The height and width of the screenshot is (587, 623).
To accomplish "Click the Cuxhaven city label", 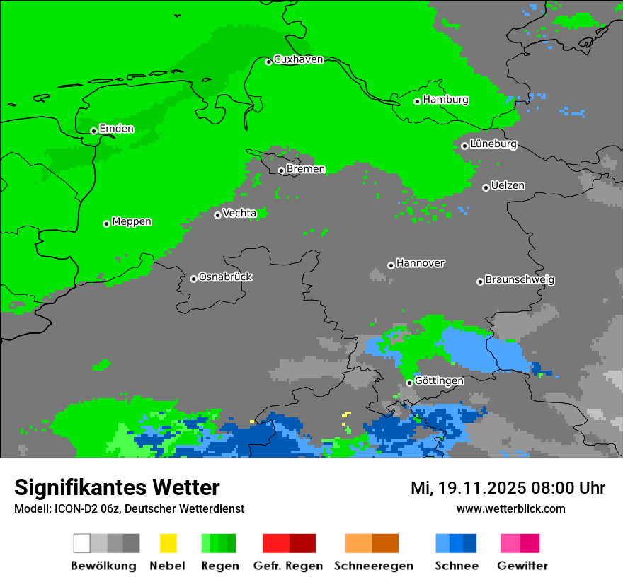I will [x=298, y=59].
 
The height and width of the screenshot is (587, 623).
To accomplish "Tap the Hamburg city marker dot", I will [x=418, y=101].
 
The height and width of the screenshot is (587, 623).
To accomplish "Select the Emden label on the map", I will [x=116, y=129].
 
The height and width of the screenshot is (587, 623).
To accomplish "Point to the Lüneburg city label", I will [x=493, y=144].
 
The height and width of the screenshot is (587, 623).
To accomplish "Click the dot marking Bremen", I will [x=281, y=170].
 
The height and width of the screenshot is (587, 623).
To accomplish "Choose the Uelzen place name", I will [x=508, y=186].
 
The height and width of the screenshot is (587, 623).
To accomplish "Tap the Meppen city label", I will [x=132, y=222].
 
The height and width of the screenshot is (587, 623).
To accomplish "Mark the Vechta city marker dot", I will [x=217, y=215].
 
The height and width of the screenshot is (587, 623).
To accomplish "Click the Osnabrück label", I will [x=225, y=277].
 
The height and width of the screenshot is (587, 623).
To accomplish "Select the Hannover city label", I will [x=421, y=263].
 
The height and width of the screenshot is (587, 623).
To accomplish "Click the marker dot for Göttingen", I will [x=409, y=383].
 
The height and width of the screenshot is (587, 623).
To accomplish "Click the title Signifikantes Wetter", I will [x=117, y=487].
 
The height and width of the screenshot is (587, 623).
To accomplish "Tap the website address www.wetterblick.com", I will [x=510, y=508].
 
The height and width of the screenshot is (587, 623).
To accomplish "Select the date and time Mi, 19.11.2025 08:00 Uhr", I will [x=508, y=488].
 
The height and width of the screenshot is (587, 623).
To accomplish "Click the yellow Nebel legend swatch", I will [x=168, y=543].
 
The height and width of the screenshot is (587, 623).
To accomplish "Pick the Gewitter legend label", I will [x=522, y=566].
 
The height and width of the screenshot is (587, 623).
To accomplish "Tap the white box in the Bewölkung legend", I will [x=82, y=543].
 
